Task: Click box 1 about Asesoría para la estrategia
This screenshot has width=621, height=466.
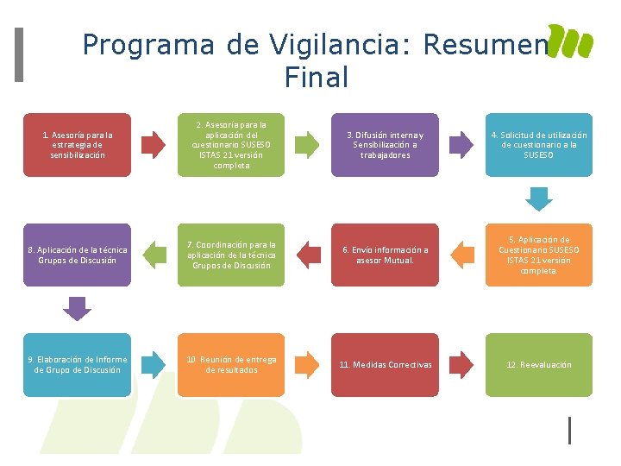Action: [78, 145]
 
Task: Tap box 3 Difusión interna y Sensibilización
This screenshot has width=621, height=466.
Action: [385, 145]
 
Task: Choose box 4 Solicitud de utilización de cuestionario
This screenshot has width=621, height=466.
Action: [539, 145]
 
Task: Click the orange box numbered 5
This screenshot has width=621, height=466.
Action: [539, 255]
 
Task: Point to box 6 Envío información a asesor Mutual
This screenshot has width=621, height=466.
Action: [385, 255]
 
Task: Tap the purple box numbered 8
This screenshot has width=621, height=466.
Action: [78, 255]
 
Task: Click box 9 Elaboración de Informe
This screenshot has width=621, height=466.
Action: [78, 364]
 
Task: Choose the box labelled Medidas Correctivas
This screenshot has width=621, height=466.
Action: [385, 364]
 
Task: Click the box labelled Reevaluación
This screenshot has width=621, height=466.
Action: [539, 364]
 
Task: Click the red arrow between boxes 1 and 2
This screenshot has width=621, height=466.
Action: [154, 145]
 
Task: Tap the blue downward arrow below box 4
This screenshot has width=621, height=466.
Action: [539, 199]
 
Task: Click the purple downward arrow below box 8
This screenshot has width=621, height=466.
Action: [78, 308]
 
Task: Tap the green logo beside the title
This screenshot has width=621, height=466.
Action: [571, 41]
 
